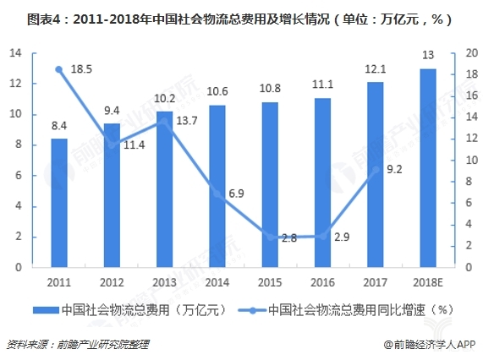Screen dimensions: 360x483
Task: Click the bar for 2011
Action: (59, 203)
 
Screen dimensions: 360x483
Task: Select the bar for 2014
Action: (217, 186)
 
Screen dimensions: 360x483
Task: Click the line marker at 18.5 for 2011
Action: (59, 69)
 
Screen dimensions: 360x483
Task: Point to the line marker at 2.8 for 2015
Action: (270, 237)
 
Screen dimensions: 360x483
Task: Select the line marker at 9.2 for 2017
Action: (376, 169)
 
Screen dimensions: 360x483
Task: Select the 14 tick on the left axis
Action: (15, 53)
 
